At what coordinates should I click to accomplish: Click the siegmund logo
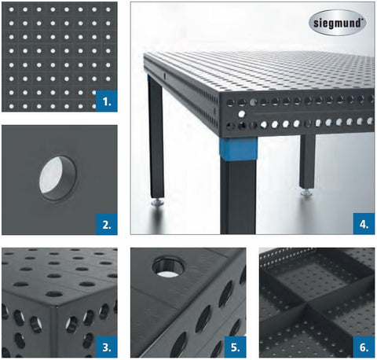pos(338,23)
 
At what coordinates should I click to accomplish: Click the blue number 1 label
pos(107,101)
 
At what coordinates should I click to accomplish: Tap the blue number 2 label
pos(107,224)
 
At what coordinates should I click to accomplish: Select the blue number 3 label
pos(107,347)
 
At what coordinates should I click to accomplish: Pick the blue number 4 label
pos(364,224)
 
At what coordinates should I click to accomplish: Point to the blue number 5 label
pos(236,347)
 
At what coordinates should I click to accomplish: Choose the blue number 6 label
pos(364,347)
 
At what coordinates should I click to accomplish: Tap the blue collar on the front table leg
pos(238,149)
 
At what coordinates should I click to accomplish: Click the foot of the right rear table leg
pos(307,193)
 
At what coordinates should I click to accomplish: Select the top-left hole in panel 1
pos(11,9)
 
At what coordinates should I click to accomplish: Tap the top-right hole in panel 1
pos(108,9)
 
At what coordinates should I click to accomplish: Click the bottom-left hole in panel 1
pos(11,106)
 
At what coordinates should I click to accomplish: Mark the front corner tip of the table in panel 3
pos(57,306)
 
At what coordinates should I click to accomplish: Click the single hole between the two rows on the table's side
pos(242,114)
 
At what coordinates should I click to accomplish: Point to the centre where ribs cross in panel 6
pos(306,306)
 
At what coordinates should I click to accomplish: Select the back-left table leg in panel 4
pos(156,136)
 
